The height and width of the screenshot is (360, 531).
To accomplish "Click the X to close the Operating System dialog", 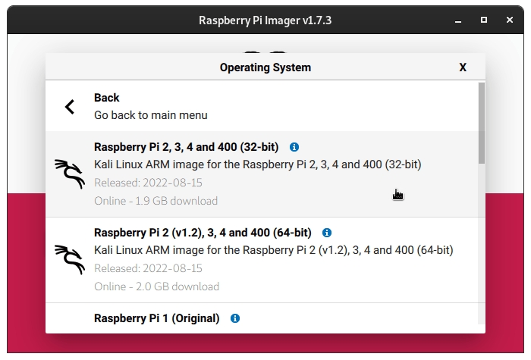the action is click(x=463, y=67).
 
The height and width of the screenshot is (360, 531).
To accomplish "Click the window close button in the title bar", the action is click(x=510, y=20).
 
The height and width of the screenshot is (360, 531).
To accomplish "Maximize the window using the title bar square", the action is click(x=484, y=20).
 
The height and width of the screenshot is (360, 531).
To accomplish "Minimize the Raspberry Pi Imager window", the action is click(x=458, y=22).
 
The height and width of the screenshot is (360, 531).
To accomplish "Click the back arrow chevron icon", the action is click(x=70, y=107).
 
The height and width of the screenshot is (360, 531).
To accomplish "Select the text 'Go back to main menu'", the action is click(x=151, y=115).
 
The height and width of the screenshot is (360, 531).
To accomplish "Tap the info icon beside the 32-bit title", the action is click(x=294, y=147).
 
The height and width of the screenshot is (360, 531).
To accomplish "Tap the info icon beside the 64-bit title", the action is click(x=327, y=233).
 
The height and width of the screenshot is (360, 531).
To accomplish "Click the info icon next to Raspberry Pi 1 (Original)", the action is click(x=235, y=318).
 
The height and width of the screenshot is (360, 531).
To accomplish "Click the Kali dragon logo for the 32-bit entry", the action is click(x=70, y=174).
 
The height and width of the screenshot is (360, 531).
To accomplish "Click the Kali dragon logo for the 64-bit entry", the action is click(x=70, y=259).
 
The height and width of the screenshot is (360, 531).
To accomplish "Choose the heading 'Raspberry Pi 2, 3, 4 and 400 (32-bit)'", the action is click(x=187, y=147).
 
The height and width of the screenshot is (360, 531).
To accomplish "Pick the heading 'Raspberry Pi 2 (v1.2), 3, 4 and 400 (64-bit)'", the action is click(x=203, y=233).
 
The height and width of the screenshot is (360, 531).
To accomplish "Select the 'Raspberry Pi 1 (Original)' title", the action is click(x=157, y=318).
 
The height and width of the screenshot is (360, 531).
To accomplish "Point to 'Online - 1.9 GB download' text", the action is click(x=156, y=201).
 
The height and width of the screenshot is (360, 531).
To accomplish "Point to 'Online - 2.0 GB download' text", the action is click(x=156, y=286).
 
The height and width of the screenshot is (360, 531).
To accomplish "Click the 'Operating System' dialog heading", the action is click(x=265, y=67).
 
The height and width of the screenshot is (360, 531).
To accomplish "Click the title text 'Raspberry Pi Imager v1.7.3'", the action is click(x=265, y=20).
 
